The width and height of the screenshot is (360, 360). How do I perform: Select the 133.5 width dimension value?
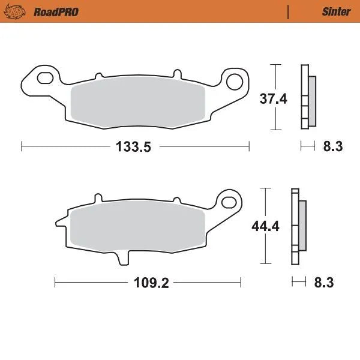coord(136,147)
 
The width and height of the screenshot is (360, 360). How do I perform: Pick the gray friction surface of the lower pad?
coord(138,229)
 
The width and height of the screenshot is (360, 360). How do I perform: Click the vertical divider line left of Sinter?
coord(289,11)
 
